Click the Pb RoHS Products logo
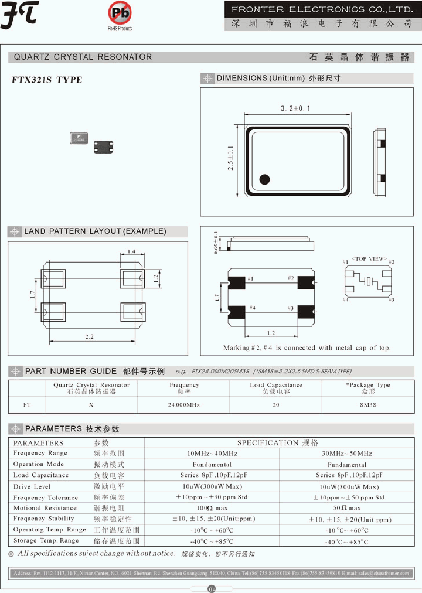[x=120, y=15]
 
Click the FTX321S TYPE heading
[x=47, y=80]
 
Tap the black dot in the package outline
[x=264, y=179]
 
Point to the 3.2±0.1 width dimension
[x=295, y=108]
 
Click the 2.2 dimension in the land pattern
[x=90, y=337]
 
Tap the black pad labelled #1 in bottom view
[x=236, y=281]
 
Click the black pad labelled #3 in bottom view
[x=305, y=312]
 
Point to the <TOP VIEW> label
[x=369, y=258]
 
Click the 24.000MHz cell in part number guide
[x=184, y=405]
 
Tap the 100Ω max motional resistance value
[x=212, y=508]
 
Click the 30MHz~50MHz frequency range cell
[x=347, y=454]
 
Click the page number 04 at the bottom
[x=212, y=588]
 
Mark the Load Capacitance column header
[x=275, y=388]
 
